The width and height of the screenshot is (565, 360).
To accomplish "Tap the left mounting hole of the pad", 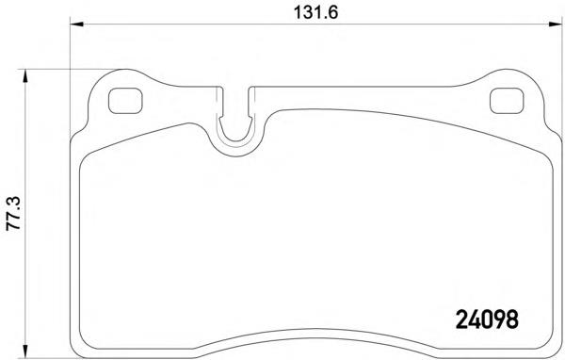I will point(123,99).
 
